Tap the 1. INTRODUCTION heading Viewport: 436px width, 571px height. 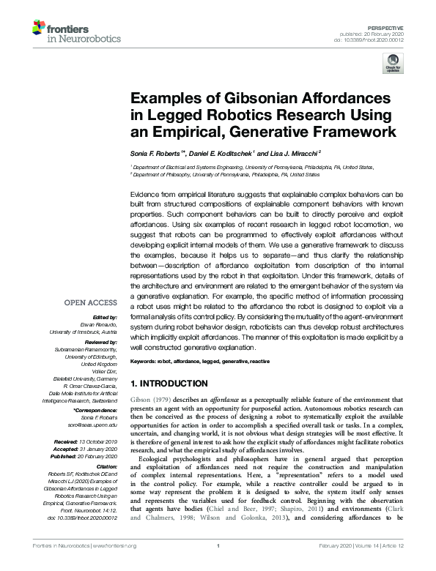[169, 384]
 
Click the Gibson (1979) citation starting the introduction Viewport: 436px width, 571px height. [152, 402]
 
